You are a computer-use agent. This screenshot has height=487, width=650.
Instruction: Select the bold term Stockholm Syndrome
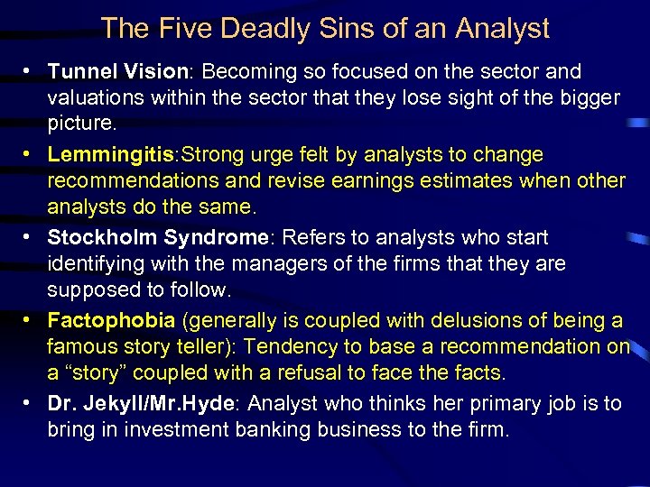[x=158, y=237]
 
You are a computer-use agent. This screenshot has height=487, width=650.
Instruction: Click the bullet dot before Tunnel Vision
[x=31, y=71]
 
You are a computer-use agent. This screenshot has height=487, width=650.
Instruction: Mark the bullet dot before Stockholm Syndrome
[x=31, y=237]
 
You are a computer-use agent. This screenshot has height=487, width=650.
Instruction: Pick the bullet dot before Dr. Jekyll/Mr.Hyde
[x=31, y=403]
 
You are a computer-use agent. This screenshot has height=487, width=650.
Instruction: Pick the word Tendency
[x=295, y=347]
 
